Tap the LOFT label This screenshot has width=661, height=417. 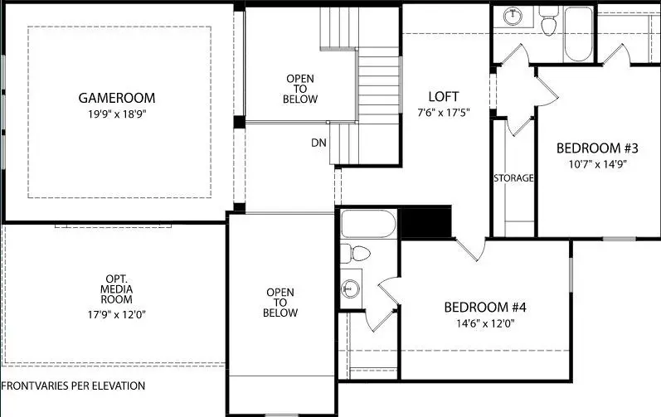[x=443, y=97]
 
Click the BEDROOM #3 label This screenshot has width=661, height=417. [x=596, y=148]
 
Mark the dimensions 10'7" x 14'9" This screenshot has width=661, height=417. [x=596, y=164]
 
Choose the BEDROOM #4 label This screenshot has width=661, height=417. [x=485, y=308]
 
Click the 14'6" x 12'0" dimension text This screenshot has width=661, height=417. [x=485, y=323]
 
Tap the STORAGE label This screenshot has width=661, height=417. [x=513, y=178]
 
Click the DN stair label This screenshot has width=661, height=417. [x=319, y=143]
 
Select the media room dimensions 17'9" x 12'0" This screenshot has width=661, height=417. [x=117, y=314]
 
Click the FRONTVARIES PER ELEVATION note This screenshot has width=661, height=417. [x=73, y=386]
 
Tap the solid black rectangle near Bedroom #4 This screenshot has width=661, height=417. [x=425, y=223]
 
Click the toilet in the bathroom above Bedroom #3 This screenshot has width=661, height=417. [x=547, y=23]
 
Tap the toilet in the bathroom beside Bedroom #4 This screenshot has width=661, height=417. [x=357, y=254]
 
